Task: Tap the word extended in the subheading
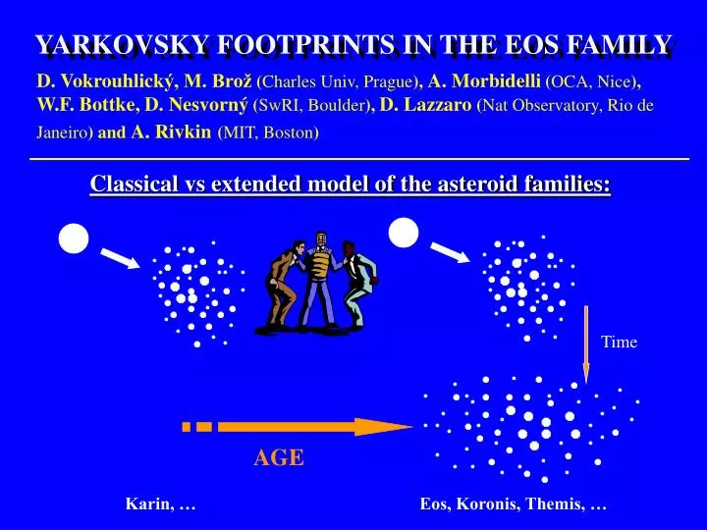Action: coord(259,184)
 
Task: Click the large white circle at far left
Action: coord(74,237)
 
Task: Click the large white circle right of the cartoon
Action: coord(404,232)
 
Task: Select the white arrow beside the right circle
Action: coord(453,252)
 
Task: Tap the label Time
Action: coord(620,343)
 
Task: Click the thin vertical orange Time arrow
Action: coord(586,344)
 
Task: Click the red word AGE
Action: coord(279,457)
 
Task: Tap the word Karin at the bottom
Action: coord(145,504)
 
